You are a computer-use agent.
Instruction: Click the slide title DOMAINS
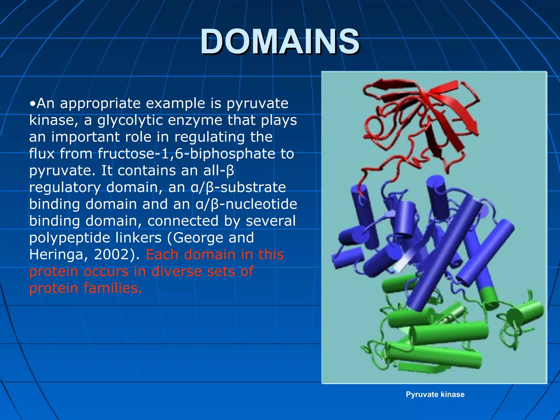[x=280, y=42]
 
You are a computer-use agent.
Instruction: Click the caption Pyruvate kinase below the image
[x=435, y=394]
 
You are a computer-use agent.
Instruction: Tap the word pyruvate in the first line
[x=257, y=104]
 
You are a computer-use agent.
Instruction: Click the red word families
[x=112, y=288]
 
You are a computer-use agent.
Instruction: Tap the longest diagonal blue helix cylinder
[x=446, y=254]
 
